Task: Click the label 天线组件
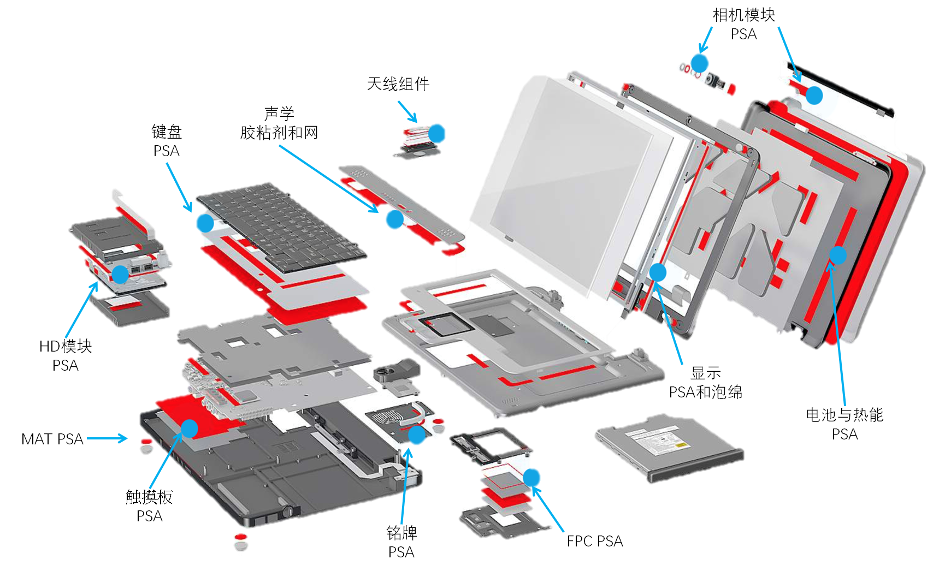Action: (x=398, y=84)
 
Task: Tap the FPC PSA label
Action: (x=595, y=541)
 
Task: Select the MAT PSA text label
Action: (x=52, y=439)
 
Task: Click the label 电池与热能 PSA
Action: (x=844, y=424)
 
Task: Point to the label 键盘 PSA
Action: (x=167, y=141)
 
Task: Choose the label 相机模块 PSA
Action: (x=744, y=24)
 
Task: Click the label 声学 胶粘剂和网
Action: (x=279, y=123)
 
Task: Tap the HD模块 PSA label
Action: (x=66, y=355)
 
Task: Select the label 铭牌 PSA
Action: (x=401, y=542)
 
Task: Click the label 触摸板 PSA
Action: (x=149, y=506)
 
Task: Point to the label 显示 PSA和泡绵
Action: (x=706, y=382)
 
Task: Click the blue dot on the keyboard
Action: (x=205, y=223)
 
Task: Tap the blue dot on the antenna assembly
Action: (x=436, y=133)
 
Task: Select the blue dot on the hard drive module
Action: (x=120, y=274)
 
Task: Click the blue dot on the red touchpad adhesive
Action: (x=190, y=429)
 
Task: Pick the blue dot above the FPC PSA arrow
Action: (x=531, y=478)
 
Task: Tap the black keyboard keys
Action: (x=281, y=228)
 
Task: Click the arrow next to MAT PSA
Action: (x=107, y=438)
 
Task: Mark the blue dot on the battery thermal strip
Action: (x=838, y=255)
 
